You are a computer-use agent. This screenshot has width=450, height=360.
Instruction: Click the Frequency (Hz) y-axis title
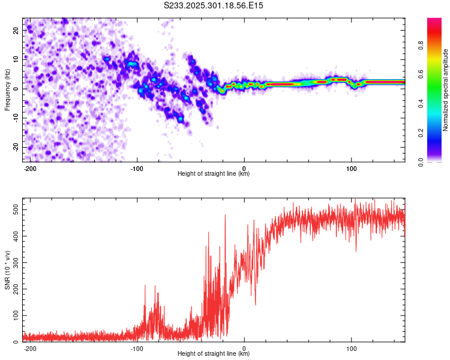7,89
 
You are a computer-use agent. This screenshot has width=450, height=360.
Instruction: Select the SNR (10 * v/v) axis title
7,270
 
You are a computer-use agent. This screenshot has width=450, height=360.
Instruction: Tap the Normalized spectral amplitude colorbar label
446,90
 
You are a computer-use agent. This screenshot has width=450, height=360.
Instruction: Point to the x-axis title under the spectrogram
214,174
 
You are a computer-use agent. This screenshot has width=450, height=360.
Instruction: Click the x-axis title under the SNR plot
214,354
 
